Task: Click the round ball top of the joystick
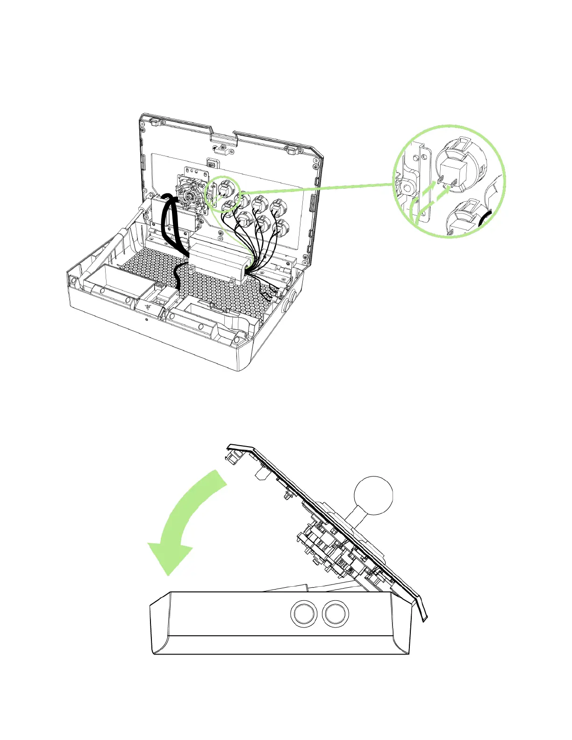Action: (373, 496)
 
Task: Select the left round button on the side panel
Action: (302, 613)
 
